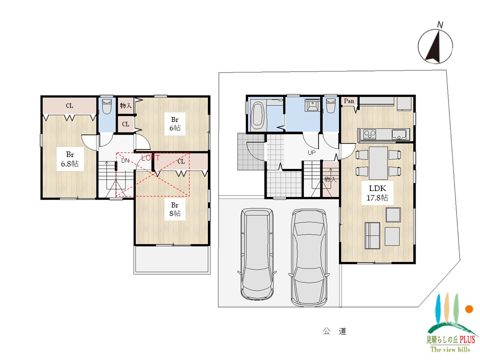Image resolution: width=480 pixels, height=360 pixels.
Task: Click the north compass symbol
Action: coord(435,46)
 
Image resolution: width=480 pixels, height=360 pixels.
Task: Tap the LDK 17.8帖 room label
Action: coord(377,193)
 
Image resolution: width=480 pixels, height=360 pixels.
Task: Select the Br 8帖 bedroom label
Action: coord(175,209)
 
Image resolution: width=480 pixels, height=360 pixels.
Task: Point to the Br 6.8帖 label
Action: coord(70,159)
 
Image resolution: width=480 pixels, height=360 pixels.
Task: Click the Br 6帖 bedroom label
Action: coord(175,123)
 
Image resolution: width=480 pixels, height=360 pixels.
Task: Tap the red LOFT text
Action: coord(150,158)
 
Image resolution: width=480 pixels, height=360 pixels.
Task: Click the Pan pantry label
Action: coord(349,101)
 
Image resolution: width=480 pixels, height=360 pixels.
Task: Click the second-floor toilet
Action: coord(106,106)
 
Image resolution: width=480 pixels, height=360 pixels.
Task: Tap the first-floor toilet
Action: coord(330,105)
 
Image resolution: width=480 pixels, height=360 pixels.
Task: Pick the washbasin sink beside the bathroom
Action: coord(312,104)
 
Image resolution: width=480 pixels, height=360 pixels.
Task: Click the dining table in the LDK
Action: coord(378,163)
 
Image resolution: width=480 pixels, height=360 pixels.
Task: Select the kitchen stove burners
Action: coord(369,134)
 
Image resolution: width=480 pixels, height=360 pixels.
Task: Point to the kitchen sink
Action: coord(399,134)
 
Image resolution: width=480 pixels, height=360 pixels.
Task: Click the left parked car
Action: coord(257,254)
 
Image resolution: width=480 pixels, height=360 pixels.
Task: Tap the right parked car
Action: coord(309,257)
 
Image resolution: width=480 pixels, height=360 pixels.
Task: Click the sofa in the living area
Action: coord(372,235)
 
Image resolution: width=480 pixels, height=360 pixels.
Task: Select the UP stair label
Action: coord(311,152)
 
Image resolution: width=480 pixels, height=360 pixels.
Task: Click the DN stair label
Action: coord(125,160)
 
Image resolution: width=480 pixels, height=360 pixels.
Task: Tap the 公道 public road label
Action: coord(334,331)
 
